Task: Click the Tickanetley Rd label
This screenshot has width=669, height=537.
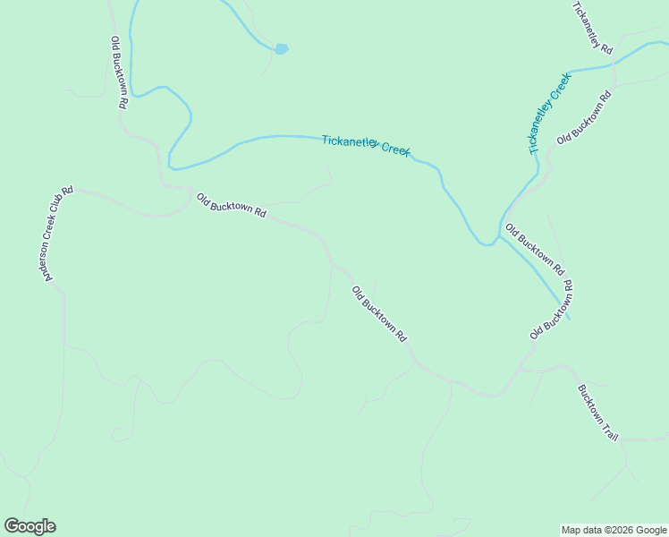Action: coord(591,26)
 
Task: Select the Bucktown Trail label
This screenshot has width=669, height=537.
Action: coord(597,413)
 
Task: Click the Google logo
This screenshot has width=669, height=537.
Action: coord(30,526)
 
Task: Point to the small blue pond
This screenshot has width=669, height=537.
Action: coord(281,48)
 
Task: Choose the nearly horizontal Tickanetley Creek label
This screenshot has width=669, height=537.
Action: coord(366,145)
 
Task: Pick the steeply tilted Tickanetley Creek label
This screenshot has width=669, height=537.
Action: coord(548,115)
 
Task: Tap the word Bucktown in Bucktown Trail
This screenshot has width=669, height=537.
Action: coord(590,404)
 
